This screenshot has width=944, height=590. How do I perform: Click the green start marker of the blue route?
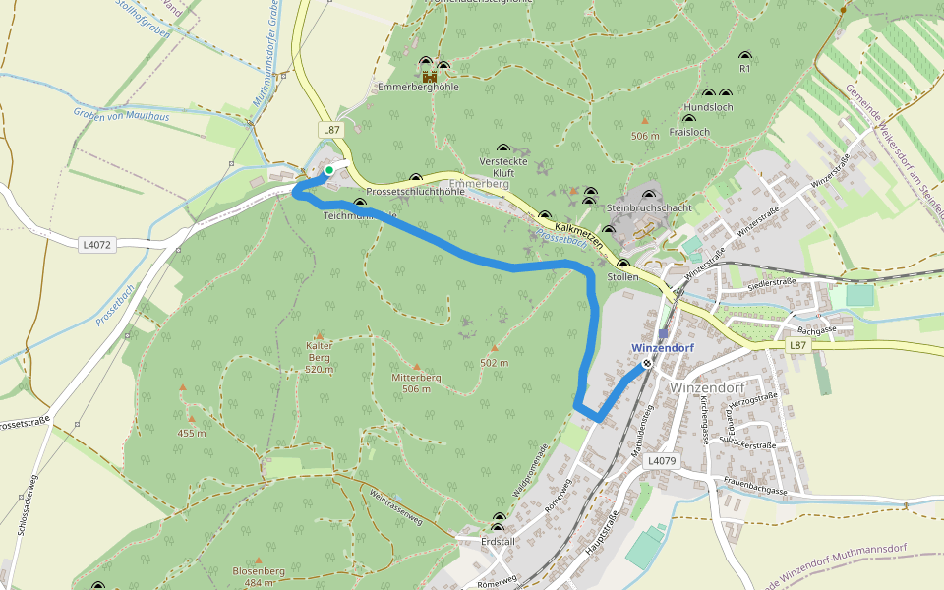click(329, 170)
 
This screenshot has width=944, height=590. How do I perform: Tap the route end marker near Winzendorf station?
click(647, 364)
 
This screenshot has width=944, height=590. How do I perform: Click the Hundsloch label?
click(708, 106)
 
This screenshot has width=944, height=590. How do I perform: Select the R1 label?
click(744, 69)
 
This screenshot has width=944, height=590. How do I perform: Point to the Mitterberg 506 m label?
click(416, 383)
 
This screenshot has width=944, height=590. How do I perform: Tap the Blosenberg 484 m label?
click(259, 576)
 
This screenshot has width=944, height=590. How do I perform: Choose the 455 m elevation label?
click(192, 433)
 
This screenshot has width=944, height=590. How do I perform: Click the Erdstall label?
click(498, 541)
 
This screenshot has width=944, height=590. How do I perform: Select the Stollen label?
click(623, 277)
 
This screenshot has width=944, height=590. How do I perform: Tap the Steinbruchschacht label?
click(649, 208)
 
